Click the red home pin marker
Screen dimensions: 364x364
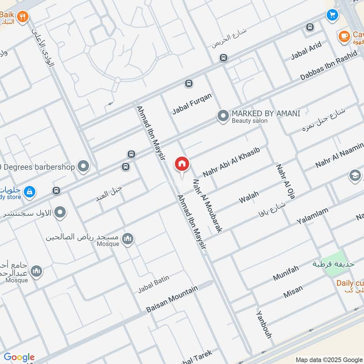point(182,164)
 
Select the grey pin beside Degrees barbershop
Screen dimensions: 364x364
point(83,167)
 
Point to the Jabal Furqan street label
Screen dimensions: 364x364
point(192,104)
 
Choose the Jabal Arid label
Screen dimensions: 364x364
point(306,51)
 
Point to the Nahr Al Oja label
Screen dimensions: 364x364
point(283,181)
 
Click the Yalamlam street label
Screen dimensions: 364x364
point(312,215)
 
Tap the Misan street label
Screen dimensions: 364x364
point(293,292)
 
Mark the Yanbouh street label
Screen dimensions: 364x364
point(263,324)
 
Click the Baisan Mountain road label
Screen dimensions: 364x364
point(172,299)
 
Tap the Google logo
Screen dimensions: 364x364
point(19,357)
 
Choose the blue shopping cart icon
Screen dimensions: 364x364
point(332,15)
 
